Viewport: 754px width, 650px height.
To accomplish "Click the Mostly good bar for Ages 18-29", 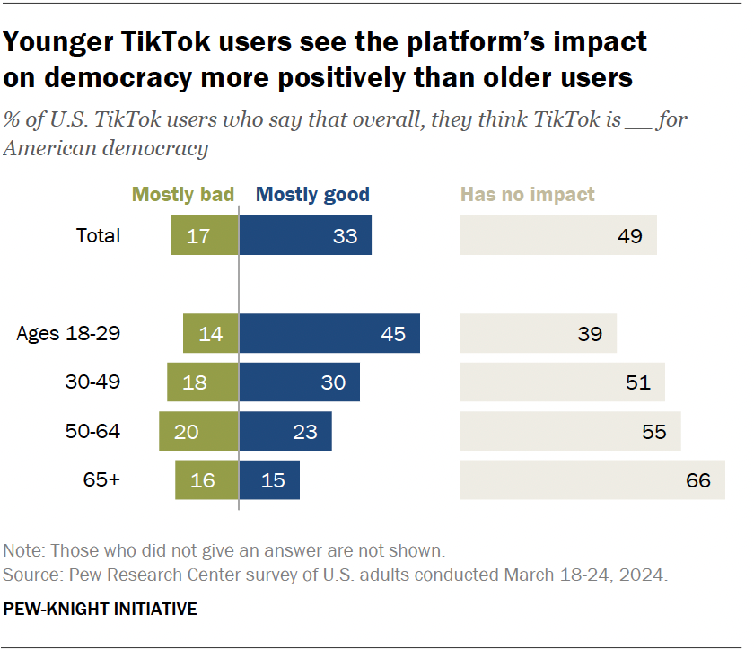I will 329,334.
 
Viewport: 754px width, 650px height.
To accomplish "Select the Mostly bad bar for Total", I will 205,236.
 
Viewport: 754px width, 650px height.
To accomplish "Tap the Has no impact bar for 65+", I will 592,480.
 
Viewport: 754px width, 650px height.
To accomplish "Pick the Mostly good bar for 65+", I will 269,480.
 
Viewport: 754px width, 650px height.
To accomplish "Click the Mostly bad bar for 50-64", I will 198,432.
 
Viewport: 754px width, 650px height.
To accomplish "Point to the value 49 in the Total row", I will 630,236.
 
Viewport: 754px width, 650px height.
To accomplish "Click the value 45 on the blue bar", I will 393,334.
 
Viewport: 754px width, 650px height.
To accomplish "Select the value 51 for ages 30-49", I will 637,382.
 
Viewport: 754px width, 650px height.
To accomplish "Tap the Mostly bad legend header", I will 183,195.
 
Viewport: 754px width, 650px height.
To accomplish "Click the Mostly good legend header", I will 312,195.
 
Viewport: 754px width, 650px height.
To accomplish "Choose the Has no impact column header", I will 527,195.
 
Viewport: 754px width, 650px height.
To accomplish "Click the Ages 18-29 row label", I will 69,334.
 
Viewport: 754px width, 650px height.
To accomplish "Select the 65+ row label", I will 101,480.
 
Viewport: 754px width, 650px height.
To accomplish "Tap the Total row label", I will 98,236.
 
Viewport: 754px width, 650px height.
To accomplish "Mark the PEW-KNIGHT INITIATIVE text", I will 100,609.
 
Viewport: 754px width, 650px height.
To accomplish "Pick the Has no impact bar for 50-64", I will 570,432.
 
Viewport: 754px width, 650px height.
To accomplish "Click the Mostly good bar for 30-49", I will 300,382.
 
